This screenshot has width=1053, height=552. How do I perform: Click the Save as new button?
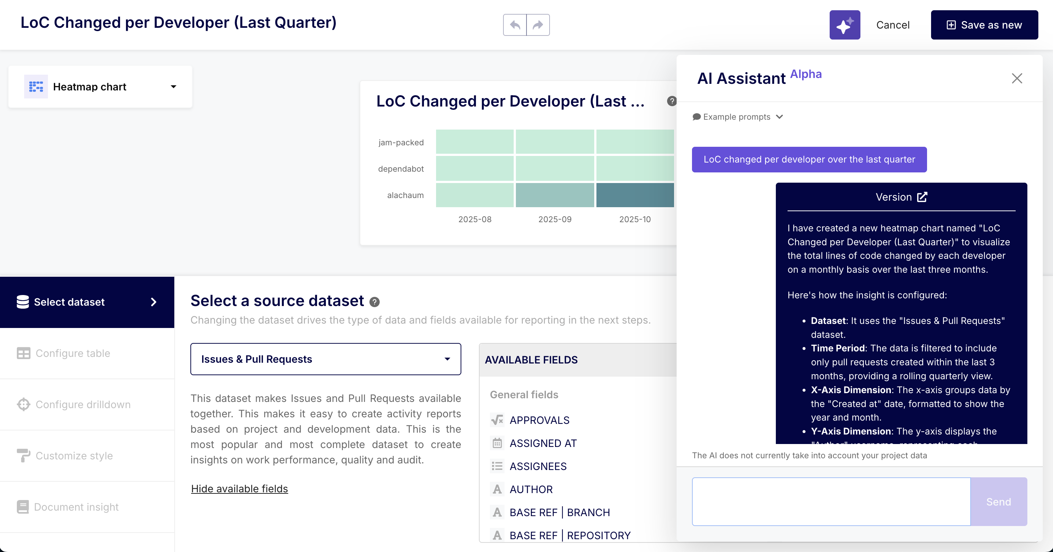click(x=984, y=25)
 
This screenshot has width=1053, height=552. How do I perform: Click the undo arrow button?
click(x=515, y=25)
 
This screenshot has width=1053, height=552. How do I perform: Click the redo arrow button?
click(x=538, y=25)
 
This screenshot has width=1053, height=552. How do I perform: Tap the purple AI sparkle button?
click(x=845, y=25)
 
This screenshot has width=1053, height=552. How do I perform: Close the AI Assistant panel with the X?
click(x=1017, y=78)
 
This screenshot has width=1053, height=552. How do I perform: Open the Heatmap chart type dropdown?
click(x=100, y=87)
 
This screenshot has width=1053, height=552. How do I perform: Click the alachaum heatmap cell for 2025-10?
click(x=635, y=195)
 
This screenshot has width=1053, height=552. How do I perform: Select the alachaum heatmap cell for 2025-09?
click(x=555, y=195)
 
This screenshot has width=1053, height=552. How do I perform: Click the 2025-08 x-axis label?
click(x=475, y=219)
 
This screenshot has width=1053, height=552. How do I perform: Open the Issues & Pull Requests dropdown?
click(x=325, y=359)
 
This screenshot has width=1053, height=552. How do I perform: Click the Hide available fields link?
click(x=239, y=489)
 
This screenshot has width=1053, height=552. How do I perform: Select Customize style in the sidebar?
click(x=74, y=456)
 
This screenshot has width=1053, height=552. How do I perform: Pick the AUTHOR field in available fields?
click(x=531, y=489)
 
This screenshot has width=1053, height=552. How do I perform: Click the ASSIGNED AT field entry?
click(x=543, y=443)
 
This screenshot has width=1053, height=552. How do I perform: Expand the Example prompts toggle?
click(x=737, y=117)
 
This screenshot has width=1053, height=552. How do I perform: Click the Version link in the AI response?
click(x=901, y=197)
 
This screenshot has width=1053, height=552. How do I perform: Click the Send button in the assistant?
click(x=998, y=502)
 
